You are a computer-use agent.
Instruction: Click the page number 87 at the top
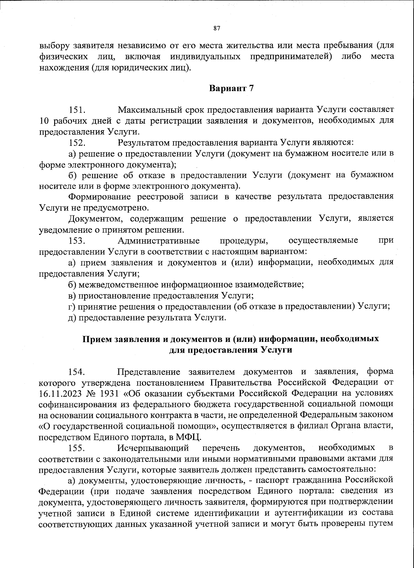(x=217, y=28)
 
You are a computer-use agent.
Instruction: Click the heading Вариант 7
(x=231, y=88)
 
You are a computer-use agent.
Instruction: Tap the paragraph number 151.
(x=77, y=110)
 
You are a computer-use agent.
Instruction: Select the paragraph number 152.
(x=77, y=142)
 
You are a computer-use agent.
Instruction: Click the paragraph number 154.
(x=77, y=372)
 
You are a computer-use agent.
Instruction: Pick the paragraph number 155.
(x=77, y=448)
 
